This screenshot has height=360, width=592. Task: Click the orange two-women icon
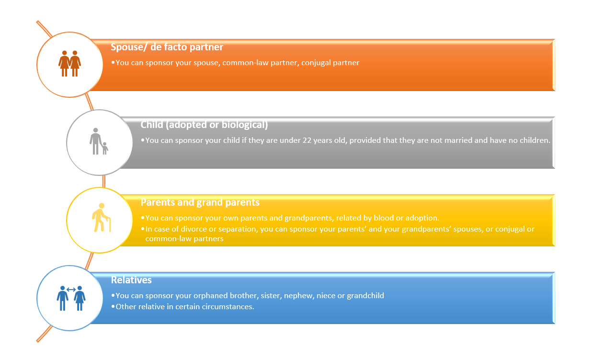point(69,63)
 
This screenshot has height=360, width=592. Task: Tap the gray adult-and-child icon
point(99,141)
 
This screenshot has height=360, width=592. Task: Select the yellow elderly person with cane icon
point(101,218)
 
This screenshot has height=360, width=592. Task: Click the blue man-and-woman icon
point(71,298)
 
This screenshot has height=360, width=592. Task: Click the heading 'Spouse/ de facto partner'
point(167,47)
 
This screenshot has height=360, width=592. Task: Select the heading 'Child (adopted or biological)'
point(204,125)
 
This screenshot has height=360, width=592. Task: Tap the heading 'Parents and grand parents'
point(200,202)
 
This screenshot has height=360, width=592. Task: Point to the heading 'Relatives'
point(131,280)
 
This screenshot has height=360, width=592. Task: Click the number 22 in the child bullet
point(307,140)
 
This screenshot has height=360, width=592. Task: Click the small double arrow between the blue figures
point(71,290)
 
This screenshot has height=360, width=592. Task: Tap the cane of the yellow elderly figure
point(109,224)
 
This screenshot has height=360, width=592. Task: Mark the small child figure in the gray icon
point(105,149)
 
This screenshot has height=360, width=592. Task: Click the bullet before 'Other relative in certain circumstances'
point(113,307)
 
